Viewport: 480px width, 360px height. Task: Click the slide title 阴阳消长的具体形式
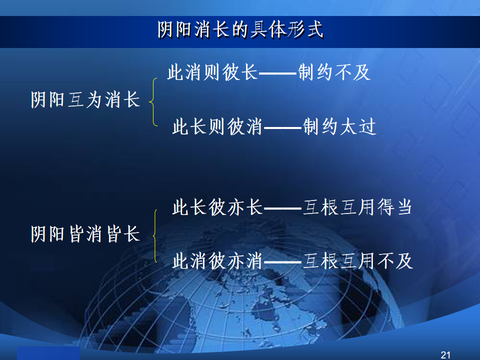(x=240, y=29)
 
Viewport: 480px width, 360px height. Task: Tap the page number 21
(x=445, y=355)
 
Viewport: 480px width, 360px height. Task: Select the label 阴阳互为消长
(x=85, y=100)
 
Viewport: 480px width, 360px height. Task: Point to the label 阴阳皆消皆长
(x=85, y=234)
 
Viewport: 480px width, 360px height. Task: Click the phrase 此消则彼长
(x=213, y=72)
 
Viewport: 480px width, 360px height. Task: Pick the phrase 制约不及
(x=334, y=72)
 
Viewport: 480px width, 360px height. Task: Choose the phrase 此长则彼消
(x=217, y=126)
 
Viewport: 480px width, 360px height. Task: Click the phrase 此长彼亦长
(x=217, y=207)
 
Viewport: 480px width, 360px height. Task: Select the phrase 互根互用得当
(x=357, y=207)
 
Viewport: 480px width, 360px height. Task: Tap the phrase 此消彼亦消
(x=217, y=261)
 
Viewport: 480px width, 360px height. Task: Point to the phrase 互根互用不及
(x=358, y=261)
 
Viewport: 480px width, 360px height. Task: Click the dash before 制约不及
(x=278, y=73)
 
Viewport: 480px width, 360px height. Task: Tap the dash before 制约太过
(x=283, y=127)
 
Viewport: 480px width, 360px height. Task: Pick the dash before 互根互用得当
(x=283, y=208)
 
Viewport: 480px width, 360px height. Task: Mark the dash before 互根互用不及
(x=283, y=262)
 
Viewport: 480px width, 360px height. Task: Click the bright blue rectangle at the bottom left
(x=48, y=353)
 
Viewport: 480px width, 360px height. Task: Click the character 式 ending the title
(x=315, y=29)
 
